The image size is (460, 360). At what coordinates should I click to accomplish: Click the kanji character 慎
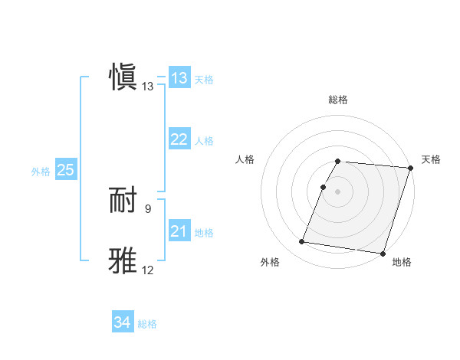pos(123,77)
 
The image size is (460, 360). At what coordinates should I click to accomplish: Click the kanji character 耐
pos(123,201)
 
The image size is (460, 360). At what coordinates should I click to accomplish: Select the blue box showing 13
pos(179,78)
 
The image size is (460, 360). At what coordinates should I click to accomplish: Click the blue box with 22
pos(179,139)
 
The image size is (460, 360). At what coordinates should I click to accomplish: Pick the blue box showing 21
pos(179,231)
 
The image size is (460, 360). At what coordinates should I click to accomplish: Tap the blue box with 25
pos(66,170)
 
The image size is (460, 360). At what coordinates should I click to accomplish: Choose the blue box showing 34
pos(123,323)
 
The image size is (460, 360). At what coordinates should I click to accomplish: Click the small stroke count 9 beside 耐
pos(148,208)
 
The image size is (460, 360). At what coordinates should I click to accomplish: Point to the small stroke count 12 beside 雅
pos(148,270)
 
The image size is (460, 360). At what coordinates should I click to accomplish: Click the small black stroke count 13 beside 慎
pos(148,87)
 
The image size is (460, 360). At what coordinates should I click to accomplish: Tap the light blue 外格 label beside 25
pos(41,172)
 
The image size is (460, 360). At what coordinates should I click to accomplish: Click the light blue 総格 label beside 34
pos(147,325)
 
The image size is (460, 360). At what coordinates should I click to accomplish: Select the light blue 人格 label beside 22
pos(204,141)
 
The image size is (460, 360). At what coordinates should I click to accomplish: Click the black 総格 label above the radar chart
pos(338,100)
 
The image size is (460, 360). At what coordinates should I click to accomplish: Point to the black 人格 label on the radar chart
pos(245,159)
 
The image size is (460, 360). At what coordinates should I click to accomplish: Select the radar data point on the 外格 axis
pos(302,242)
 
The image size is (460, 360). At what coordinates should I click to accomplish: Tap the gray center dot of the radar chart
pos(338,191)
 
